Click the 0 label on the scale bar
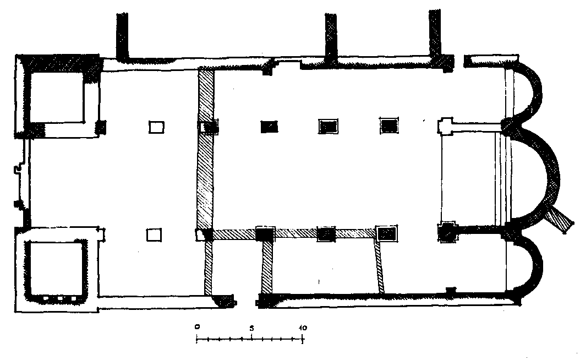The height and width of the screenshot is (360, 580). (197, 327)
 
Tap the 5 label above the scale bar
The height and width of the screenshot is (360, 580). (251, 328)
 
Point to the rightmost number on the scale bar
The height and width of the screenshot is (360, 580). (303, 328)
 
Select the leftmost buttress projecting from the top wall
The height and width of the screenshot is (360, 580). (122, 36)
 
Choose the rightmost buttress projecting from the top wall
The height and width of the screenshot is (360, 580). (435, 33)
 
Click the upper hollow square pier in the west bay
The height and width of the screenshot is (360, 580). (156, 127)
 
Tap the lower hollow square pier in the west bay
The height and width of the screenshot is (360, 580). (154, 235)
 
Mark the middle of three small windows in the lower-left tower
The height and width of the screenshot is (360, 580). (60, 298)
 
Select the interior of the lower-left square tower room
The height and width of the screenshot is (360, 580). (56, 268)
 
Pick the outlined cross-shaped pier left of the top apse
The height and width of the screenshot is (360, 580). (445, 127)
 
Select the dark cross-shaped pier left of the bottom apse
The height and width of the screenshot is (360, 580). (447, 232)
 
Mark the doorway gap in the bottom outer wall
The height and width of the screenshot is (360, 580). (246, 303)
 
